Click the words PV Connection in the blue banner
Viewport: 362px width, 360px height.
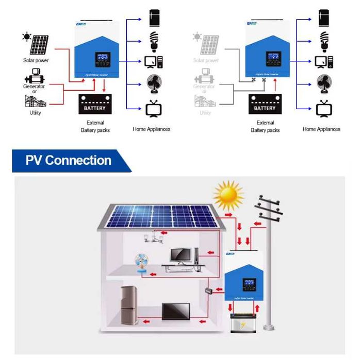68,160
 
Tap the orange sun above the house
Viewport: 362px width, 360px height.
228,195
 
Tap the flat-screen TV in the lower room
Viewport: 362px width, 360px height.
175,312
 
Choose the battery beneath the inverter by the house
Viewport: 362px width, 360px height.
242,323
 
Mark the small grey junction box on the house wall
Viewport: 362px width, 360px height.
209,291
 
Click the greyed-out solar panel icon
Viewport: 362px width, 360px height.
209,44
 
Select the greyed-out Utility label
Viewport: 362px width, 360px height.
205,113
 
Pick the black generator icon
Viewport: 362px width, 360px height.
35,76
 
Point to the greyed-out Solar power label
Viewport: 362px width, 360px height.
205,61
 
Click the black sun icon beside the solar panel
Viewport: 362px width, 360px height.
26,37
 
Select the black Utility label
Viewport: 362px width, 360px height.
35,113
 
